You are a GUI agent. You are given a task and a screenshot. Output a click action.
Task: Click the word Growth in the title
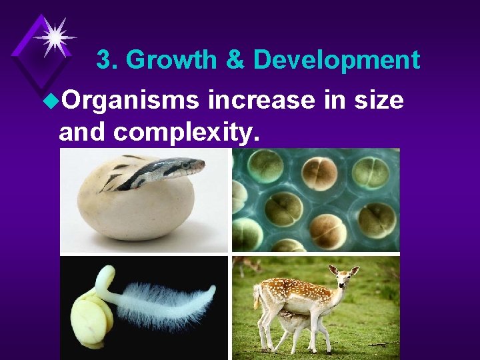tap(171, 61)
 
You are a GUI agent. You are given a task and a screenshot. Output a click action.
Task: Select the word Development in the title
tap(337, 61)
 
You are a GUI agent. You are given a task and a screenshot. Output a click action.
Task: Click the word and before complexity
tap(83, 132)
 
